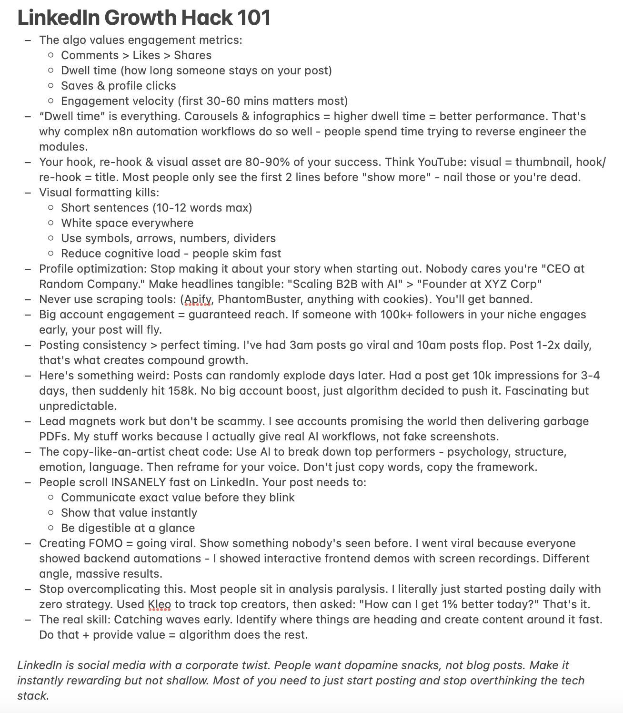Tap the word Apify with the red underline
(198, 299)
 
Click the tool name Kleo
(159, 604)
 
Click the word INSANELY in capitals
(139, 482)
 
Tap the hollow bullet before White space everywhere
(51, 223)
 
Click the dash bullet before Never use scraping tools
(28, 299)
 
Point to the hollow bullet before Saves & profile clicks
(51, 86)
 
